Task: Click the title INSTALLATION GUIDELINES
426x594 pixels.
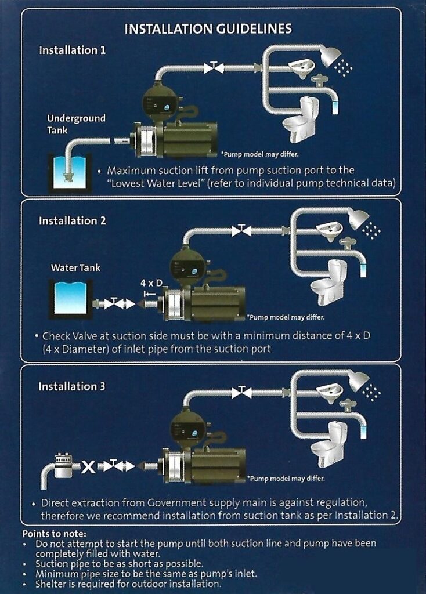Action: (208, 28)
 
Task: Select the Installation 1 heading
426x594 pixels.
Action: (73, 50)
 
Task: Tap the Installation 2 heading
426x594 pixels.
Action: (73, 221)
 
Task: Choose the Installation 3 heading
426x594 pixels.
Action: (73, 386)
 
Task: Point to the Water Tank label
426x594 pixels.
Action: (75, 268)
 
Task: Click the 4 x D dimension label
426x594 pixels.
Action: (151, 284)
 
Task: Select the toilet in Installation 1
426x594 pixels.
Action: (301, 119)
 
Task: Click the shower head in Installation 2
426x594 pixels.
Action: (358, 219)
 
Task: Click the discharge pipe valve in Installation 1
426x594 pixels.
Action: (213, 68)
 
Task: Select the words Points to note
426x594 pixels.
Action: (54, 534)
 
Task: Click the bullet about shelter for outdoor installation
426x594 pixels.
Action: (128, 583)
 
